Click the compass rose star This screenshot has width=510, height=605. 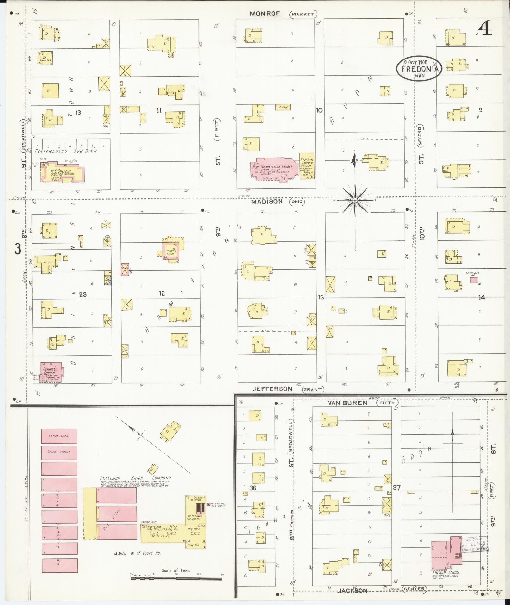pos(355,201)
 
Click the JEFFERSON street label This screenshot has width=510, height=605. pos(272,389)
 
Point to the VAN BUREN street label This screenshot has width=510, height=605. pos(347,403)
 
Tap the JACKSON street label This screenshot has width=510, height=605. pos(353,590)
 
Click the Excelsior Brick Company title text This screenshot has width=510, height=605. pos(135,478)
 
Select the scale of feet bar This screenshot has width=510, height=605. pos(176,578)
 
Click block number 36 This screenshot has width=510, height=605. pos(253,488)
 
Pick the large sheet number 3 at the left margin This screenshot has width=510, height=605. pos(18,249)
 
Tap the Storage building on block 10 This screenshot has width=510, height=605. pos(283,107)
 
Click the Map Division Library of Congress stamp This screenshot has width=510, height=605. pos(474,544)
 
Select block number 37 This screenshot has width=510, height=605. pos(396,488)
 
